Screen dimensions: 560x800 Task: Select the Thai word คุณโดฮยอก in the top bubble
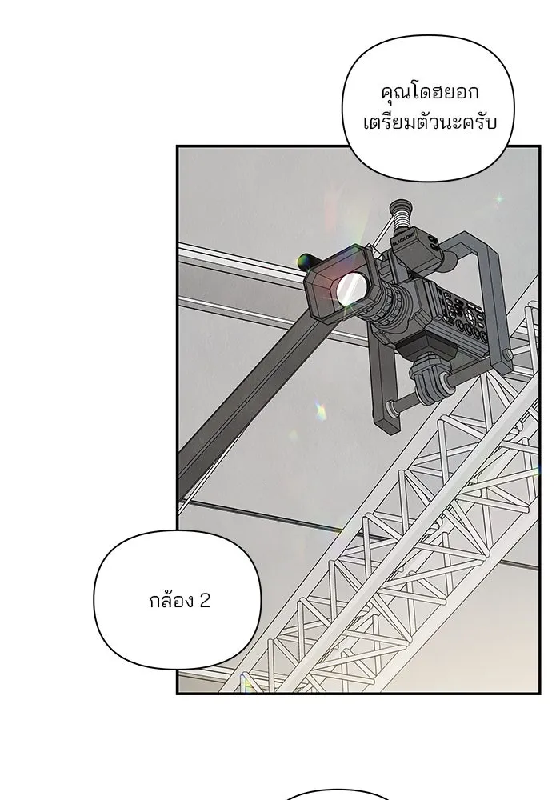430,93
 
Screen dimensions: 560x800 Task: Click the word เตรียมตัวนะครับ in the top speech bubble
430,123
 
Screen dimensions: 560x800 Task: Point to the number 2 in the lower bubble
204,601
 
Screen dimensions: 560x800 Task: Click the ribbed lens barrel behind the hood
394,306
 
